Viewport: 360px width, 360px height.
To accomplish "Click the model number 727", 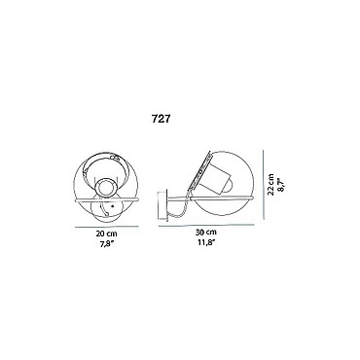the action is click(161, 119).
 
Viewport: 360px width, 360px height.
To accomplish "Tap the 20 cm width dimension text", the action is click(107, 234).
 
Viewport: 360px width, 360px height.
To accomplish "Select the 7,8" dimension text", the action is click(106, 242).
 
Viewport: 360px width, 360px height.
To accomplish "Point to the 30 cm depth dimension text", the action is click(206, 233).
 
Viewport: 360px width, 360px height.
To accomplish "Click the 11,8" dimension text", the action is click(206, 241).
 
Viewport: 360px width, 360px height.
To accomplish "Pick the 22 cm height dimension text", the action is click(271, 185).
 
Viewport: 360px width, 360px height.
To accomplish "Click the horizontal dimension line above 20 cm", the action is click(107, 227).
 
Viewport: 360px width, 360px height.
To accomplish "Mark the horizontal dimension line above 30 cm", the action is click(207, 226).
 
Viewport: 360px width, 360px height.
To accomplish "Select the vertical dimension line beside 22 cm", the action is click(264, 184).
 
